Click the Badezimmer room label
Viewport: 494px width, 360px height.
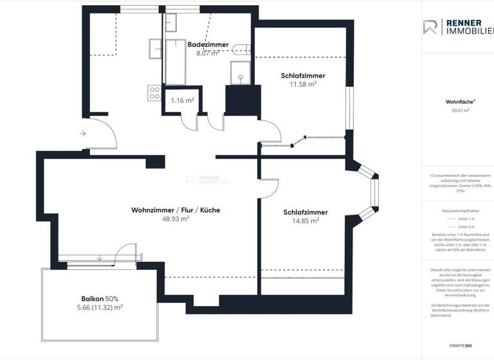click(x=208, y=44)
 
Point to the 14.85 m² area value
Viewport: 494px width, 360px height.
click(x=306, y=221)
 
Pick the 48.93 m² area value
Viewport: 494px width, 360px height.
click(x=175, y=219)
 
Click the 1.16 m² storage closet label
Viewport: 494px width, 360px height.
click(x=182, y=101)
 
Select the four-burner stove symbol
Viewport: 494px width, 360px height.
click(x=154, y=93)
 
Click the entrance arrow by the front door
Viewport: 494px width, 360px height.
click(x=83, y=134)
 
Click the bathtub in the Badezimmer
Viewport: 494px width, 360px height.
click(x=175, y=61)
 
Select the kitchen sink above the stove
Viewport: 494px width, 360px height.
click(x=155, y=49)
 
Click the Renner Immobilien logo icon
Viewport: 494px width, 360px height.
click(x=431, y=27)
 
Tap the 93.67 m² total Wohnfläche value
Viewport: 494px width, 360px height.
click(x=460, y=110)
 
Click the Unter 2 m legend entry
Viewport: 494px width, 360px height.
click(x=466, y=227)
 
